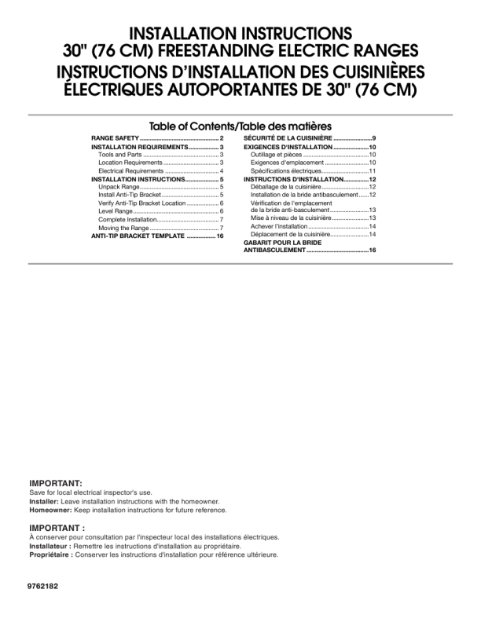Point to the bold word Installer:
[x=42, y=500]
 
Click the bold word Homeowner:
[x=49, y=508]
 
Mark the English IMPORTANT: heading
[x=54, y=481]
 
